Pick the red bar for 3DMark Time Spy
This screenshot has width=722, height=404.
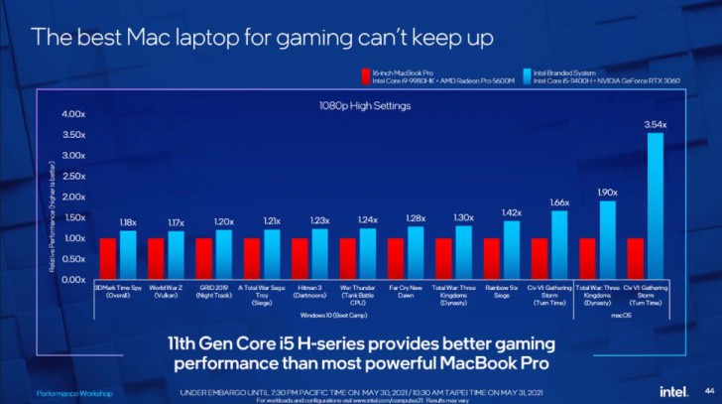coord(107,259)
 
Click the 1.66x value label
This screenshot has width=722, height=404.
coord(560,202)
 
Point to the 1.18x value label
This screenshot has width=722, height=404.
coord(129,222)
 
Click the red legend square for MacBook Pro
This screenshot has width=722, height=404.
coord(364,73)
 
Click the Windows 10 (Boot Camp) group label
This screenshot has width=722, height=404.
coord(332,315)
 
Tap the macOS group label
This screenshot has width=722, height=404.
coord(629,315)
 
